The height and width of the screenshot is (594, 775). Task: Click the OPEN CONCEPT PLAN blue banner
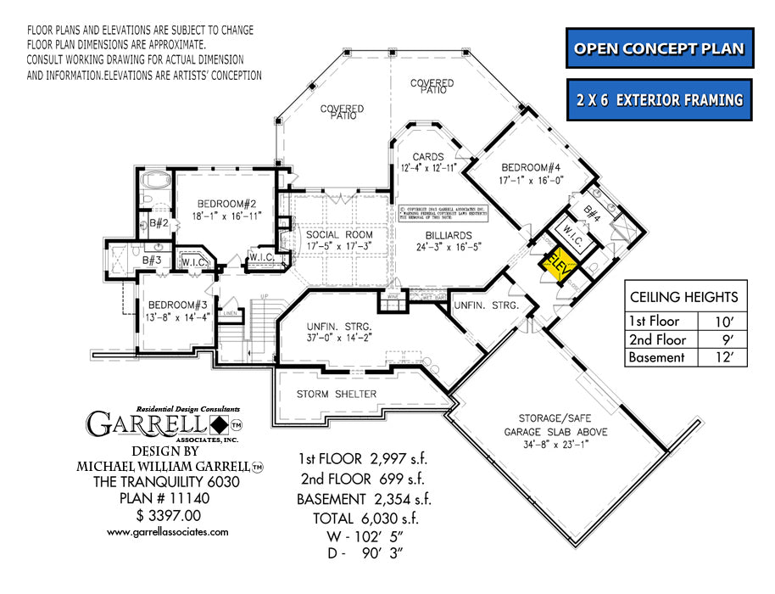coord(659,48)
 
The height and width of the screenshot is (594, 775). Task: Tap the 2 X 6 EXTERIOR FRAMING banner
coord(659,100)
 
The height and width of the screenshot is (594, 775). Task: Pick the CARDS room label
coord(428,157)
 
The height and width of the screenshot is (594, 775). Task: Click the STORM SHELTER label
coord(337,395)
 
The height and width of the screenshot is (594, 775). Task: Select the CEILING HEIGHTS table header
coord(683,297)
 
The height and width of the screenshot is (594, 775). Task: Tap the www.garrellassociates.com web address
coord(167,532)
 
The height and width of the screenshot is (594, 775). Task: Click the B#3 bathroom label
coord(153,260)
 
